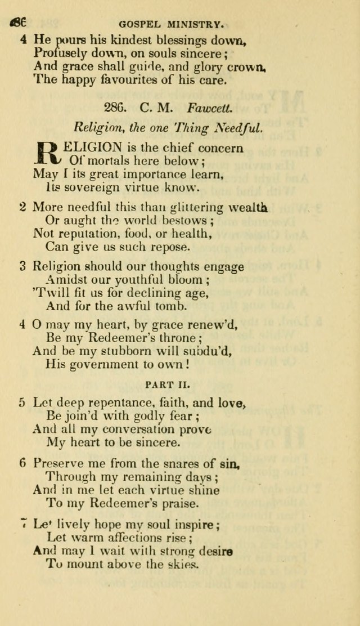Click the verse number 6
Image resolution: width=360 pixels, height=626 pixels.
pos(22,463)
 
